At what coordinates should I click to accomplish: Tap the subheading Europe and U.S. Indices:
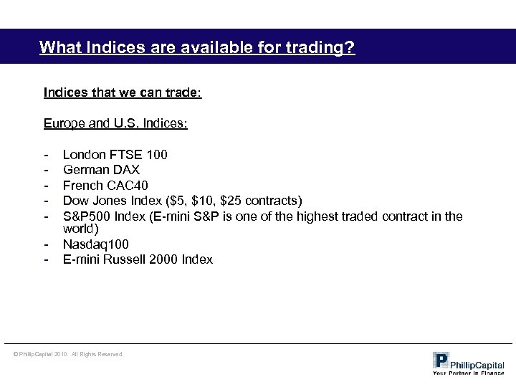click(x=115, y=124)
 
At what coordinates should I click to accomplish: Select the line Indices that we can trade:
click(x=123, y=92)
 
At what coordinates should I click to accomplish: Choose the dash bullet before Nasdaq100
click(x=46, y=244)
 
